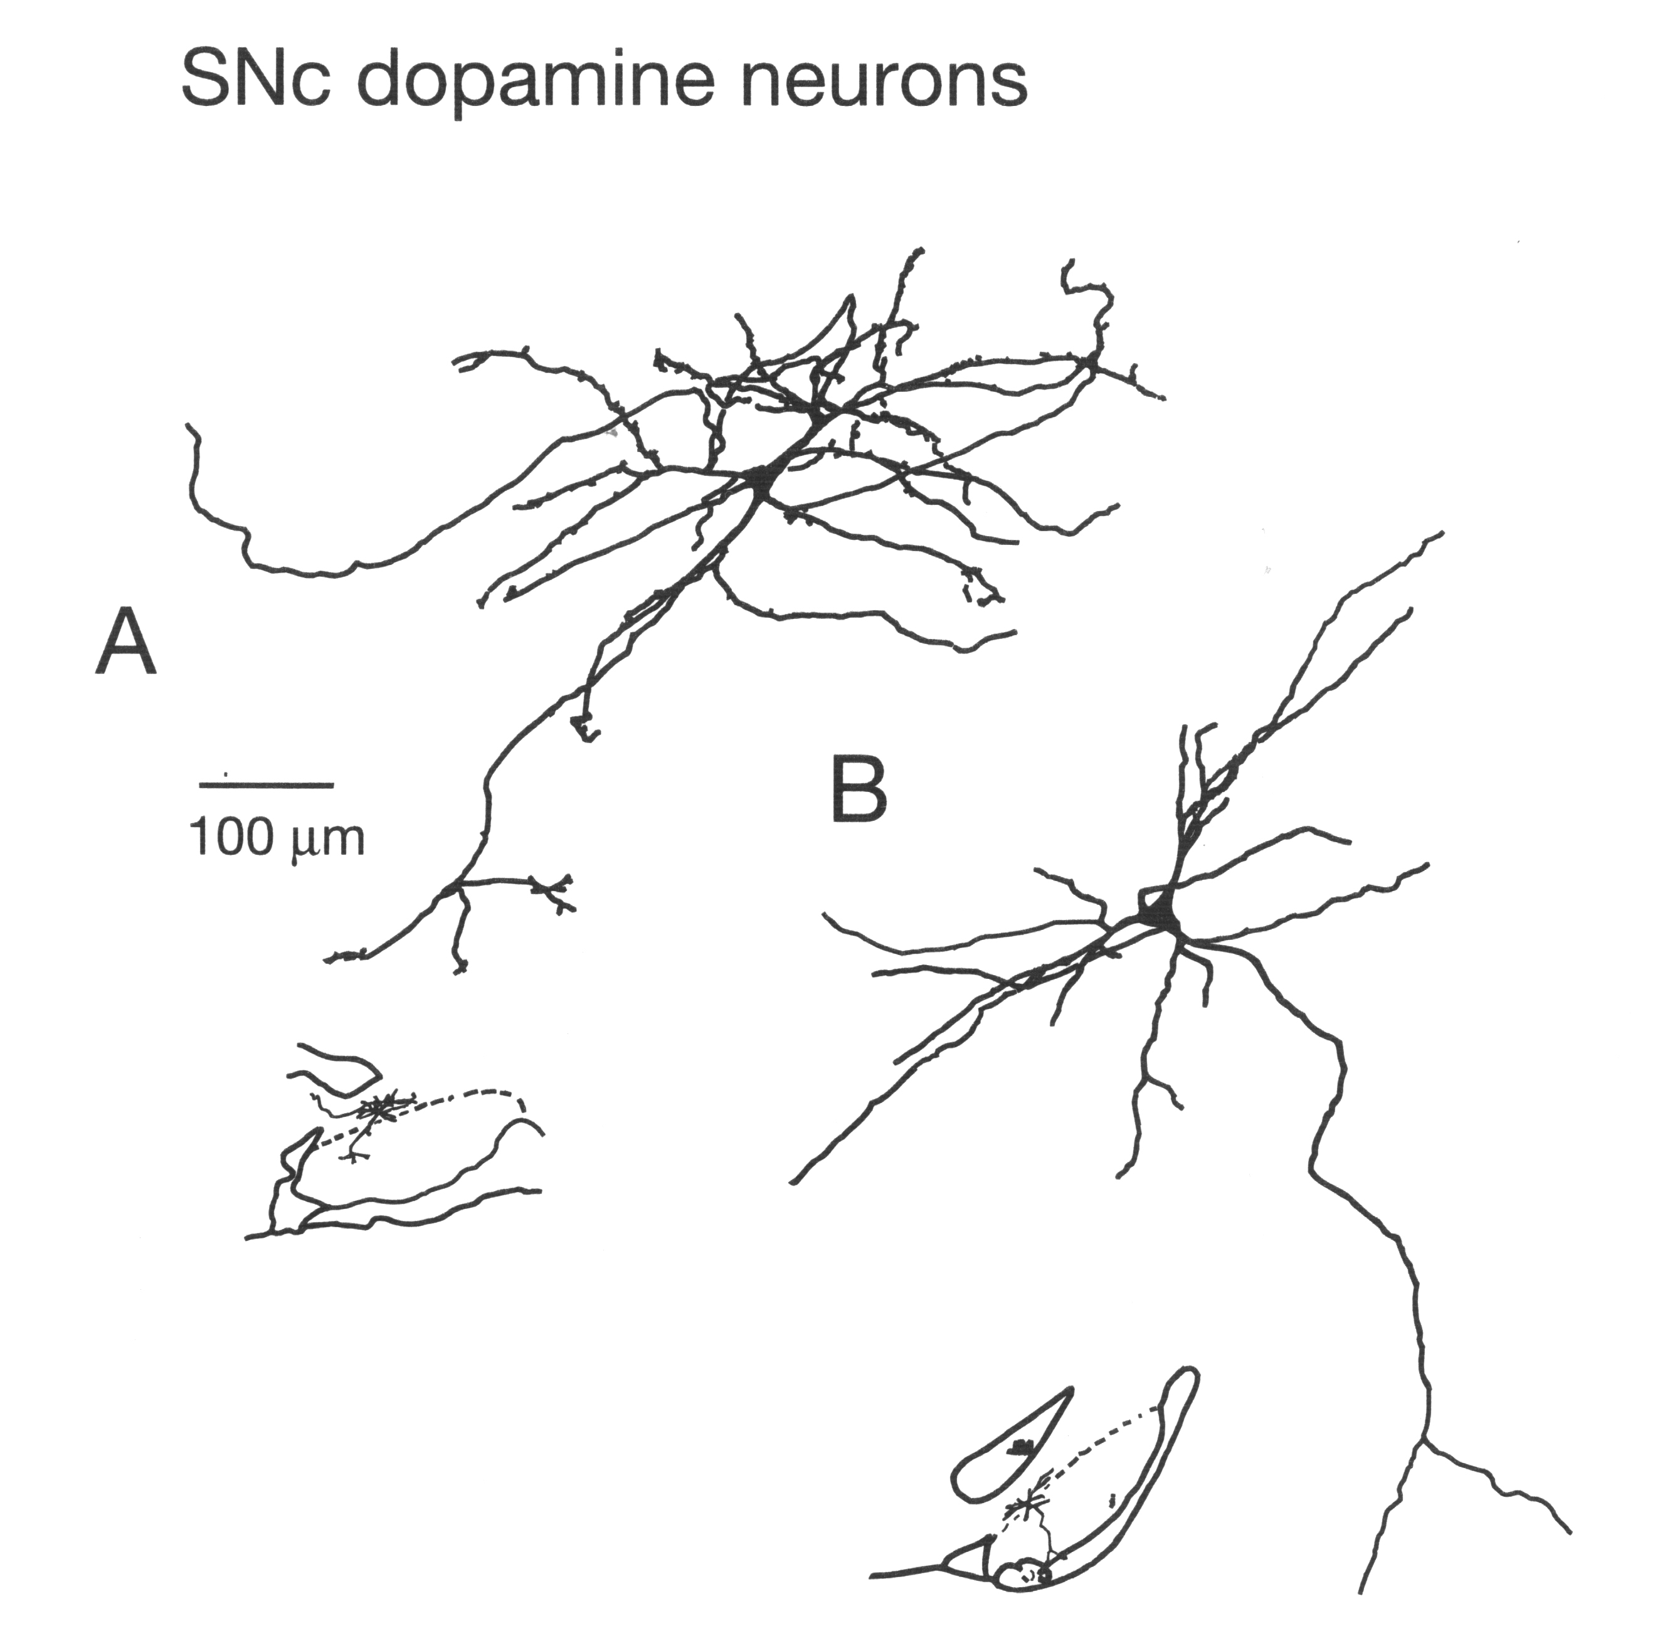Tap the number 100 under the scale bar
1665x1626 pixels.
coord(231,838)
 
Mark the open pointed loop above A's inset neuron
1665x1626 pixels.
coord(337,1067)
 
